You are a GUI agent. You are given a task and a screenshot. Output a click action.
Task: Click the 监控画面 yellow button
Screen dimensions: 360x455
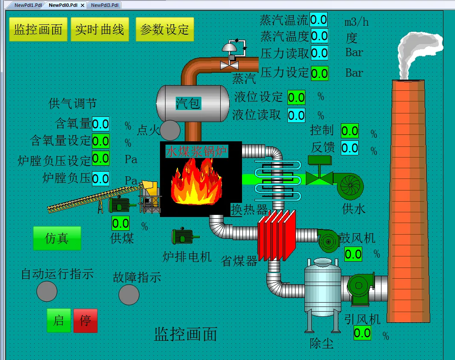pos(38,30)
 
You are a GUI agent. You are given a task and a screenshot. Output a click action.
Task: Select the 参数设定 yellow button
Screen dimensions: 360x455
pos(165,30)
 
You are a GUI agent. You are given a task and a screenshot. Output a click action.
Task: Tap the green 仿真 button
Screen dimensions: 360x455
pos(57,238)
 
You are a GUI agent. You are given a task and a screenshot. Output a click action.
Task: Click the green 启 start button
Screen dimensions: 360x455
pos(59,320)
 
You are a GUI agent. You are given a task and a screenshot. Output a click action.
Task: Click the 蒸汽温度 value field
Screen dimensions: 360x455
pos(319,36)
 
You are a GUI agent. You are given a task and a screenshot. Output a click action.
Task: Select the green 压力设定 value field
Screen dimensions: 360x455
pos(319,73)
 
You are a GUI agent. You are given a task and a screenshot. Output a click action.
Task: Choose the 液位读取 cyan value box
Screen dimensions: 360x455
pos(296,115)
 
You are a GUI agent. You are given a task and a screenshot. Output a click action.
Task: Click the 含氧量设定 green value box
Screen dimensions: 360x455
pos(100,141)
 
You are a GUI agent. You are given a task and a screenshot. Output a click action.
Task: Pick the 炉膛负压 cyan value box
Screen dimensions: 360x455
pos(100,178)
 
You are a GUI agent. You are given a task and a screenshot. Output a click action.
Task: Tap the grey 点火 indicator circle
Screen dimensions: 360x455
pos(170,131)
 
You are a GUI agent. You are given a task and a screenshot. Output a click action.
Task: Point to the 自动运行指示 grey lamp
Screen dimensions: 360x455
pos(47,292)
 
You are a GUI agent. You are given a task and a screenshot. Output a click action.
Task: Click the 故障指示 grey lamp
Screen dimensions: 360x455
pos(129,295)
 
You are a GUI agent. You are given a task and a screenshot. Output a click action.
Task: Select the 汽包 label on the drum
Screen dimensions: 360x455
pos(188,103)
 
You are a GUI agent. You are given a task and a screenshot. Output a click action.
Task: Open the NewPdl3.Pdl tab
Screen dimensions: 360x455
pos(105,5)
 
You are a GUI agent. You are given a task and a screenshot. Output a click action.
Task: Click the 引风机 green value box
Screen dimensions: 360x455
pos(362,333)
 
